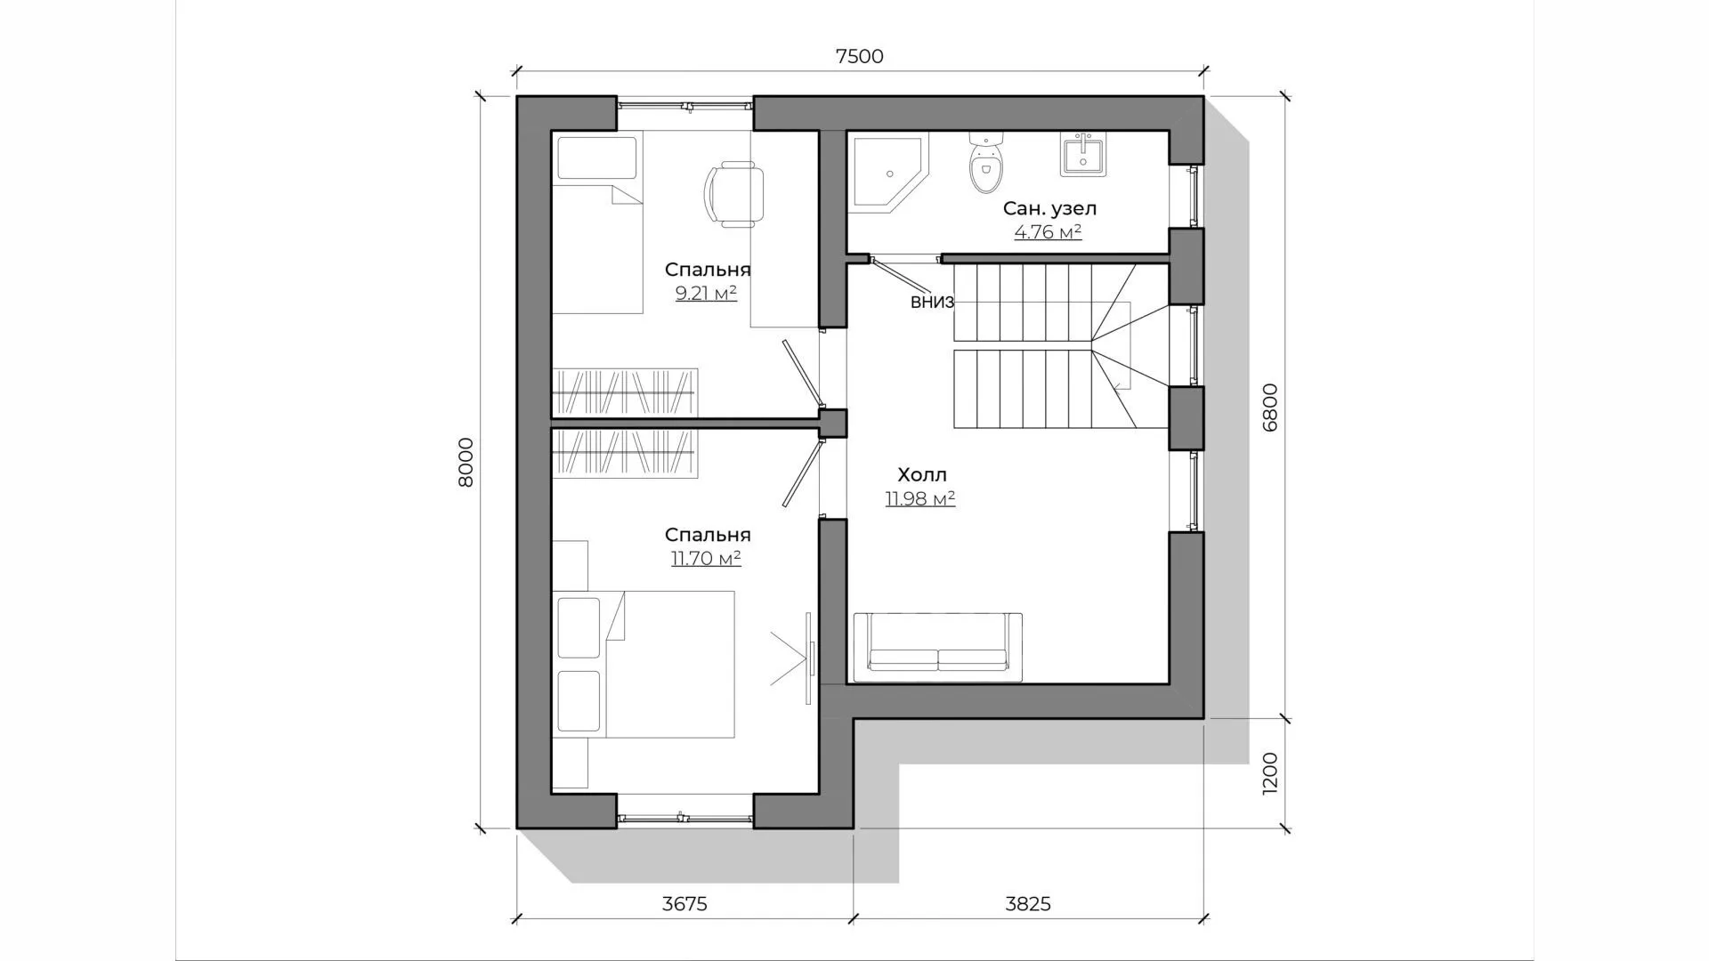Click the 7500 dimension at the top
click(859, 56)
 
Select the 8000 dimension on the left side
click(466, 463)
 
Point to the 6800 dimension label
click(1269, 408)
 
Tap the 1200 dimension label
click(1269, 773)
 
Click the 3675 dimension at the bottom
click(684, 904)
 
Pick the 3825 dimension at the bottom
click(1028, 904)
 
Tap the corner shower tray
click(887, 173)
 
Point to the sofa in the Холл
click(937, 647)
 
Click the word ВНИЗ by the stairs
click(932, 303)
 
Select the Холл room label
click(922, 474)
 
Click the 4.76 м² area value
click(1048, 232)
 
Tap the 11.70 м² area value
click(706, 559)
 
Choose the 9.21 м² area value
click(706, 293)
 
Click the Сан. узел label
click(1049, 209)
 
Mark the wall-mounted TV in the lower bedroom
click(809, 658)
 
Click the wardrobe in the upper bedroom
click(624, 392)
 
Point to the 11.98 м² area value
click(920, 498)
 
